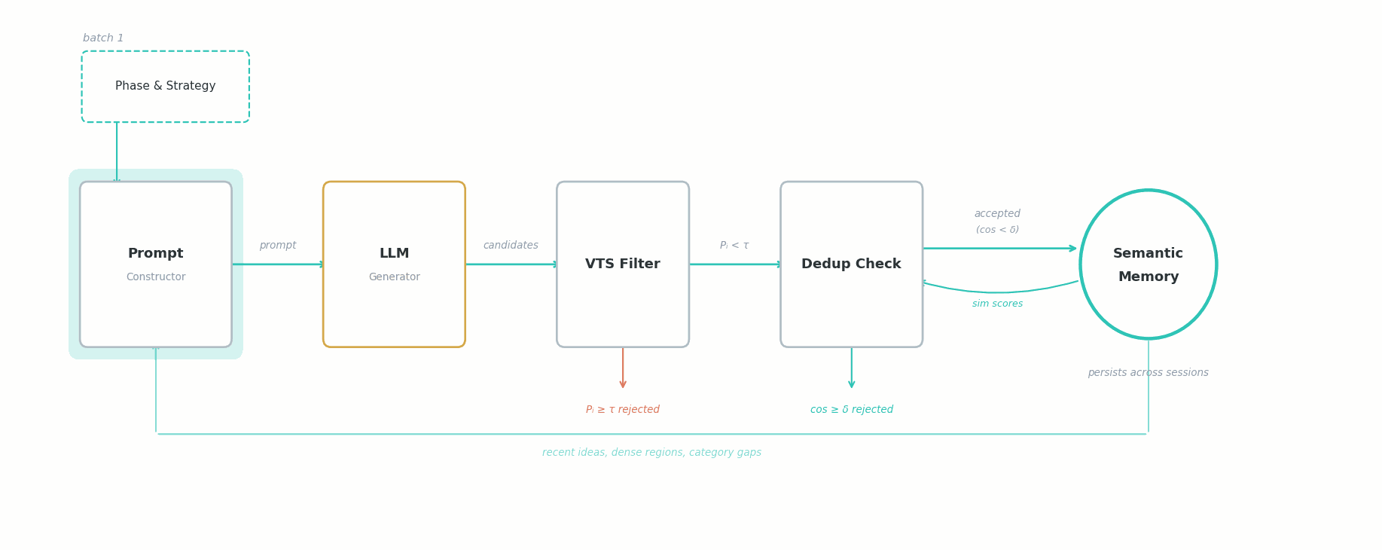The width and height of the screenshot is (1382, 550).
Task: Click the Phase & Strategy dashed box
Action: point(165,87)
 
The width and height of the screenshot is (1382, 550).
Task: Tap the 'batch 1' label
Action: point(103,38)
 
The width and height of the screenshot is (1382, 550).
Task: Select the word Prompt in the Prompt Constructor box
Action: point(155,254)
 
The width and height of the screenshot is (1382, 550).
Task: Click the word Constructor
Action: point(155,277)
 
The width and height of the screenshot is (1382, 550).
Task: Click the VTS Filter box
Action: point(622,264)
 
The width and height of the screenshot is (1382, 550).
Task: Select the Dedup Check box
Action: point(851,264)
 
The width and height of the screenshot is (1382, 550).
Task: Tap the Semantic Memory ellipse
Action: point(1147,264)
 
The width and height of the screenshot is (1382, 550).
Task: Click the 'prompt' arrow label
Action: point(277,246)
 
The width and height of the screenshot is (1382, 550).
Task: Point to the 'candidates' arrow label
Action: point(511,246)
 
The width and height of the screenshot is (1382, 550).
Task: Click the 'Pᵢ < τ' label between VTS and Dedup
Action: point(734,246)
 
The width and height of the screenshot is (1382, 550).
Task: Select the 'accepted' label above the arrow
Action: point(996,214)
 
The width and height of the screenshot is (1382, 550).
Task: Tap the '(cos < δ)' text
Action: point(996,230)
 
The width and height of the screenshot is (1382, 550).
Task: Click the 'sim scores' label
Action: point(996,304)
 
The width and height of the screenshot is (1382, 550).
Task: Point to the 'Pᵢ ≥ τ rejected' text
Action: point(622,410)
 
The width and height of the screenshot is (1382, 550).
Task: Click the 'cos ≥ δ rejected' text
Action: point(851,410)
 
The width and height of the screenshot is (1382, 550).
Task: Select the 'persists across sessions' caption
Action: point(1147,373)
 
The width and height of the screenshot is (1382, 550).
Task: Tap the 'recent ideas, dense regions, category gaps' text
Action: point(651,453)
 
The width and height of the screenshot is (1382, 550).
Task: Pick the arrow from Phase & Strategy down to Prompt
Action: point(117,151)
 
